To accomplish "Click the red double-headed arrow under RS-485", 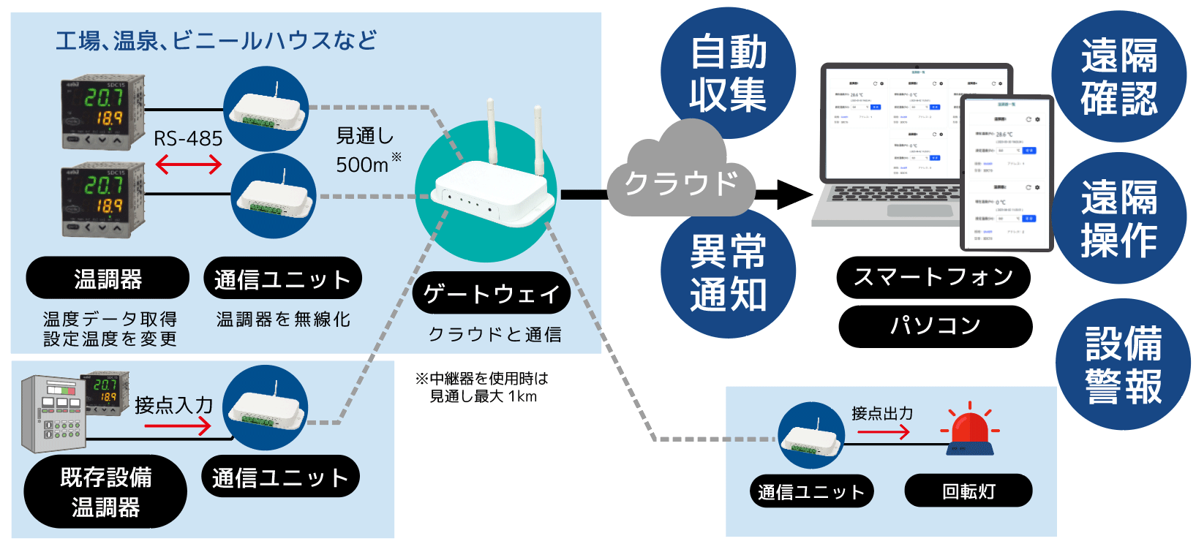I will pos(188,165).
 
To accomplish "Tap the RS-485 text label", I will pos(187,138).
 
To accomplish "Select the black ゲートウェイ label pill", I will pos(491,294).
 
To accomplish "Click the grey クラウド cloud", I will pos(680,179).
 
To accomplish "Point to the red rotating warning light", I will pos(969,431).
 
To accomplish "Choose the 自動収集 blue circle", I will pos(728,73).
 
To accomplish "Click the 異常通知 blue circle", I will pos(728,272).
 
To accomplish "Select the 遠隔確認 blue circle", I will pos(1118,77).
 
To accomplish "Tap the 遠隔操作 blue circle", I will pos(1118,218).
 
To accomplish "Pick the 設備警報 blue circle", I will pos(1123,364).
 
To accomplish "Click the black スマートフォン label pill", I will pos(933,277).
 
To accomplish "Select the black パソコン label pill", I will pos(935,325).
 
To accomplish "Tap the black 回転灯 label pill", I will pos(968,491).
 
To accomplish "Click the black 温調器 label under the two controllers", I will pos(108,278).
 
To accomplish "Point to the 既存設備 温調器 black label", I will pos(105,491).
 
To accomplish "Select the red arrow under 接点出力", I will pos(883,432).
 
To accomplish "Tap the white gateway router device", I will pos(492,192).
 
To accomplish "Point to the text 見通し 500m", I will pos(366,151).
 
